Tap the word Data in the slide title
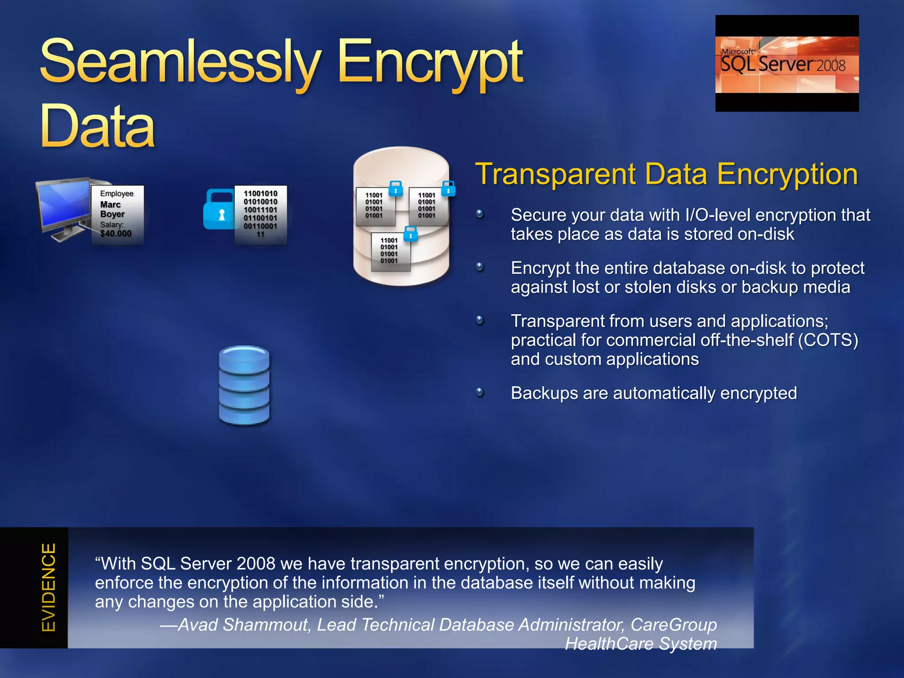click(98, 127)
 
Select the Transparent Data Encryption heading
click(666, 174)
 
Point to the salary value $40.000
click(116, 234)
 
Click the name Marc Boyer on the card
click(112, 209)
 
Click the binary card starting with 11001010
click(260, 214)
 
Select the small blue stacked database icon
click(244, 385)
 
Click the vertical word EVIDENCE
click(49, 587)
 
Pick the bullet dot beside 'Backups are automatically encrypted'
click(480, 392)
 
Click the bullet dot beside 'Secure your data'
click(480, 215)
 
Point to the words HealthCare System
click(641, 644)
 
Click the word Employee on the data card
click(117, 193)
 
